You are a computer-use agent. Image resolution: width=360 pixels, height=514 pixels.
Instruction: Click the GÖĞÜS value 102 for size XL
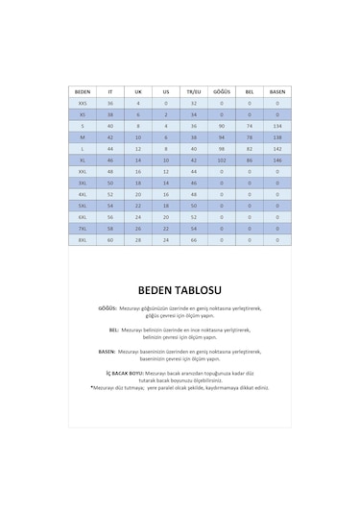222,159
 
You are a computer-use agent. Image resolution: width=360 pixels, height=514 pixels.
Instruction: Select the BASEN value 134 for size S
277,125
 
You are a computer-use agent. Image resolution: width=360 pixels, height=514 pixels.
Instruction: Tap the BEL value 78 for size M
250,136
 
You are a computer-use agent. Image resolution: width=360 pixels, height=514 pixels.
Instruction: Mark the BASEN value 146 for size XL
277,159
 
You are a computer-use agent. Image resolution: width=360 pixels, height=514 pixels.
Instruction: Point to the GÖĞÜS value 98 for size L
222,148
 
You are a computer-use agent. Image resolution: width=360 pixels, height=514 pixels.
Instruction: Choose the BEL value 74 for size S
250,125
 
